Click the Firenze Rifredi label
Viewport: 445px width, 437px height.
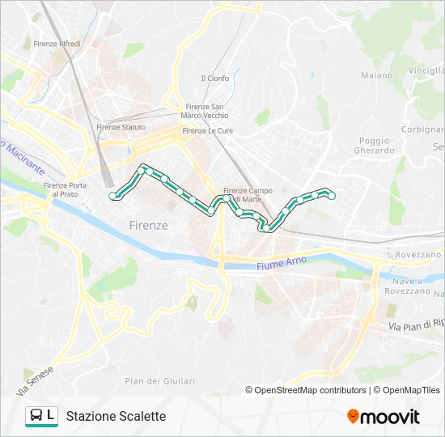pos(57,44)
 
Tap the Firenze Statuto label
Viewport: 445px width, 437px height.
pos(121,127)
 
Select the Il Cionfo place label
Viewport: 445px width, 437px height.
pos(215,78)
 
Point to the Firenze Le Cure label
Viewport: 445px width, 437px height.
pos(207,130)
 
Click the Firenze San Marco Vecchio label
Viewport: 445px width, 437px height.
pos(206,112)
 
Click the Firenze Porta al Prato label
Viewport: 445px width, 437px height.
pos(65,189)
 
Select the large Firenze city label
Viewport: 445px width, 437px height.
pos(149,225)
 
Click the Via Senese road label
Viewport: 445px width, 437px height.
pos(33,380)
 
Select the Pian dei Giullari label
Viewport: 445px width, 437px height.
pos(160,381)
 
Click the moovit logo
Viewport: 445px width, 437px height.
pos(384,417)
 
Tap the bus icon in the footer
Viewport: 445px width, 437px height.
pos(36,416)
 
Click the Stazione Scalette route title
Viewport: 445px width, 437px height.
pos(116,416)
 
